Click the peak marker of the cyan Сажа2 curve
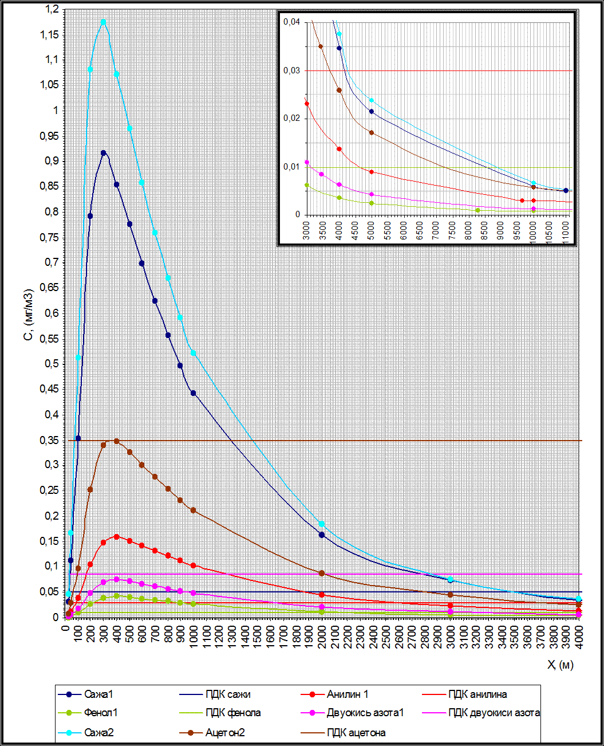(104, 22)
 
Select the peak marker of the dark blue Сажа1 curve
(104, 153)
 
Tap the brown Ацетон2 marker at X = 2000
(322, 573)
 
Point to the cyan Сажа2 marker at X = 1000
(194, 353)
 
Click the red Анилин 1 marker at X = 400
(117, 537)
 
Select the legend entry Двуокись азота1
(365, 713)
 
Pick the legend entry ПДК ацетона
(356, 732)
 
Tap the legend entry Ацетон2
(224, 732)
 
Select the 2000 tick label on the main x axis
(322, 637)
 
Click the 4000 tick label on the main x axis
(579, 637)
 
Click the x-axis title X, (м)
(560, 665)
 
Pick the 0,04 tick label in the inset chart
(291, 22)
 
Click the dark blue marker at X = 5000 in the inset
(372, 112)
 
